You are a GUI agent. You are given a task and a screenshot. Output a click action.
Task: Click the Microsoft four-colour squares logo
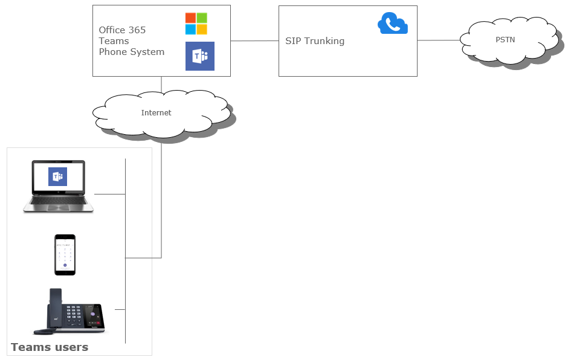tap(196, 24)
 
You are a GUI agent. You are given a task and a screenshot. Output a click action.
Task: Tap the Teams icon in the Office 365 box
tap(199, 56)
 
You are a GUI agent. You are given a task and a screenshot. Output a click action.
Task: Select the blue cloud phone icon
tap(393, 24)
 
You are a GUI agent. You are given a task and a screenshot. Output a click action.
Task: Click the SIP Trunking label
tap(315, 41)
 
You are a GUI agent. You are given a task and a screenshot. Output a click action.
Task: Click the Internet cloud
tap(157, 113)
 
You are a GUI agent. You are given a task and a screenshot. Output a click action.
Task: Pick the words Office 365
tap(122, 30)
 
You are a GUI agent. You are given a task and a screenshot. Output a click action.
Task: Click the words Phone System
tap(132, 52)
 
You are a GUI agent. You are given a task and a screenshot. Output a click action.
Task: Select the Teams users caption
tap(50, 347)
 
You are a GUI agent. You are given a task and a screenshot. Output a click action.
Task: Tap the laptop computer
tap(58, 186)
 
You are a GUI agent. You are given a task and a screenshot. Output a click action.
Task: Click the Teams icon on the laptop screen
tap(58, 176)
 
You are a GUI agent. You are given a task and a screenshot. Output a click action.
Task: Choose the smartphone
tap(65, 255)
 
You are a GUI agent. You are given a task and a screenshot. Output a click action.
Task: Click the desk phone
tap(69, 312)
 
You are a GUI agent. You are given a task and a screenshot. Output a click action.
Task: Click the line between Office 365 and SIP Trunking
tap(254, 40)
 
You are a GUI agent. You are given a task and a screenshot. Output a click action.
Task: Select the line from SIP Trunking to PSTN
tap(439, 40)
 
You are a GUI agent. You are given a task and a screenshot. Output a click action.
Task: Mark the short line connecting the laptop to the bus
tap(109, 194)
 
